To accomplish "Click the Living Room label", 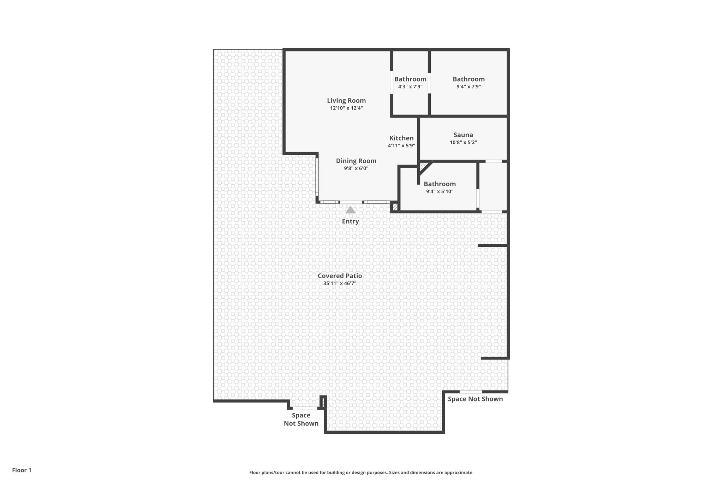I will click(x=346, y=101).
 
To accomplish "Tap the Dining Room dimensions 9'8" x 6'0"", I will click(x=356, y=169).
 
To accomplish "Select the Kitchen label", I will click(x=401, y=138).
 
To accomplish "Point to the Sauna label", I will click(x=463, y=135).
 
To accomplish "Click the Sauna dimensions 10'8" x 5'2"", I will click(x=463, y=143).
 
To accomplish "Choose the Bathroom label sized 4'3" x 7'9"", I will click(x=410, y=79).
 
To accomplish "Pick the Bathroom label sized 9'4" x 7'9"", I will click(x=468, y=79).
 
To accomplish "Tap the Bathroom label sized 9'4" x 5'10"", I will click(x=440, y=184).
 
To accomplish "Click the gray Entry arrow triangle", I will click(x=350, y=210).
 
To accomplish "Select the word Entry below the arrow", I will click(x=350, y=221).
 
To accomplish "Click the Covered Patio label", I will click(x=340, y=276).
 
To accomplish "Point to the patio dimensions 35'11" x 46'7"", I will click(x=340, y=284).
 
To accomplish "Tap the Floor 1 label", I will click(x=22, y=470).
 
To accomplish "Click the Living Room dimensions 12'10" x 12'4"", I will click(x=346, y=108).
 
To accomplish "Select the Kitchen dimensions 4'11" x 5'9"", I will click(x=401, y=145).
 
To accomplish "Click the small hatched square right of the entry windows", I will click(x=395, y=207).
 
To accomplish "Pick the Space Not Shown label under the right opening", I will click(x=475, y=399).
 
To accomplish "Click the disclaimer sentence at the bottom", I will click(x=361, y=472).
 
